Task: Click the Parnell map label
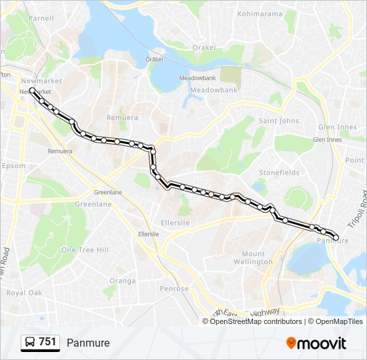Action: [41, 18]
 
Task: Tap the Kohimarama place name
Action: [258, 13]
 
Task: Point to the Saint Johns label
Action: [279, 121]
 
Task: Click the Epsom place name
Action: [14, 166]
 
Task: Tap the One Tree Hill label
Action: [85, 249]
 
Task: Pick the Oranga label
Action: [122, 281]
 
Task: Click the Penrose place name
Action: [174, 289]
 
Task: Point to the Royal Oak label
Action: [24, 293]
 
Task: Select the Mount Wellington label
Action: [257, 257]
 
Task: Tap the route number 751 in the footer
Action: [47, 342]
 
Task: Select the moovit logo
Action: [316, 343]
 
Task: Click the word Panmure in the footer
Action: [88, 343]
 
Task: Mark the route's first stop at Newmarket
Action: [32, 90]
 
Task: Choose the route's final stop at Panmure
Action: [336, 237]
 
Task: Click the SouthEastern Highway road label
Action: [247, 312]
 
